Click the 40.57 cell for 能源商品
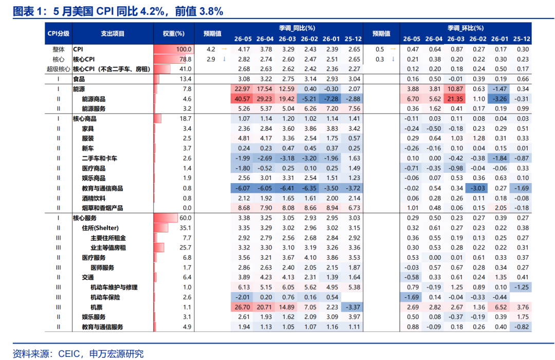[243, 99]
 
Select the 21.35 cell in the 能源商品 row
[455, 99]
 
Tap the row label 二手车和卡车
[100, 158]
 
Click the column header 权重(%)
[174, 33]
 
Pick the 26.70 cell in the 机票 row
[243, 307]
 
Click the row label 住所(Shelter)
[100, 228]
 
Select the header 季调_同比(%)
[297, 28]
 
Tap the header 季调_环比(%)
[466, 28]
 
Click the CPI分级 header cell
[59, 33]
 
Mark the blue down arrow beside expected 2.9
[224, 59]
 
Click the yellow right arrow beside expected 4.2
[224, 49]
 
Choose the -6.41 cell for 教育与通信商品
[287, 188]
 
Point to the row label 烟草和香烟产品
[102, 208]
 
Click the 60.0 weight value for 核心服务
[186, 218]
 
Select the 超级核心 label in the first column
[59, 69]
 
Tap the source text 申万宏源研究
[117, 354]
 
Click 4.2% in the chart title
[153, 11]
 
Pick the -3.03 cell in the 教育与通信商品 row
[477, 188]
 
